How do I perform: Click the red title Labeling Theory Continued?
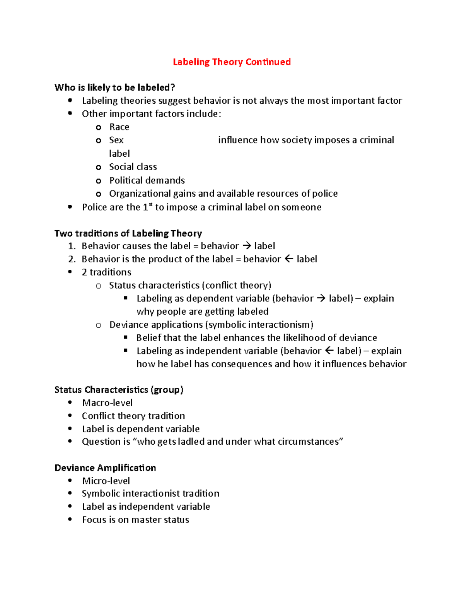pos(232,62)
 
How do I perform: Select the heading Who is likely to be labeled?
pos(114,87)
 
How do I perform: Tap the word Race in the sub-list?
pos(119,127)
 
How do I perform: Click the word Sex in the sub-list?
pos(116,140)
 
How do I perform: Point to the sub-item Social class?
pos(133,167)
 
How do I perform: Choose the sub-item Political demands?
pos(147,180)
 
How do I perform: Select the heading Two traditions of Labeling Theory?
pos(128,233)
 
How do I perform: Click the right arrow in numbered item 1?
pos(246,246)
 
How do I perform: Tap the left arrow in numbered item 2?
pos(289,259)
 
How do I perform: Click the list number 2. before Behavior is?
pos(72,259)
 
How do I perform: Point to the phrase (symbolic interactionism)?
pos(259,325)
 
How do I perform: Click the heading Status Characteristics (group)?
pos(119,390)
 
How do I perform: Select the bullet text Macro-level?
pos(107,403)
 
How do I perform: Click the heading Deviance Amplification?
pos(105,468)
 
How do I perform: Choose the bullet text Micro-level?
pos(106,481)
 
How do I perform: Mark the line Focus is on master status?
pos(135,520)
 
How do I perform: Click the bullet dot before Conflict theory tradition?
pos(70,416)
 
